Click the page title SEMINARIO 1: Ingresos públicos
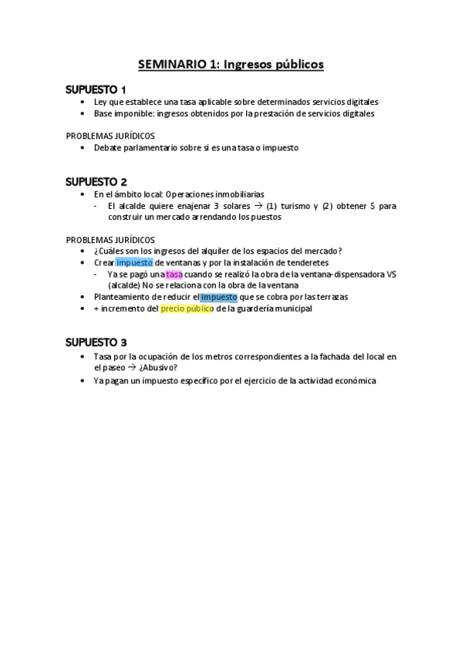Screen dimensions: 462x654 231,65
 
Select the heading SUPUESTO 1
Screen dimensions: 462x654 96,89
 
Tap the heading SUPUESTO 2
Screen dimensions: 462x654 96,182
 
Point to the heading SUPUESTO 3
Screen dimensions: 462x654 96,342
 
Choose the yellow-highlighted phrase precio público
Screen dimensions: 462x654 187,308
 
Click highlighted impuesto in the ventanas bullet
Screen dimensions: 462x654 134,262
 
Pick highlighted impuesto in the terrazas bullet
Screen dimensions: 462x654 218,297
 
